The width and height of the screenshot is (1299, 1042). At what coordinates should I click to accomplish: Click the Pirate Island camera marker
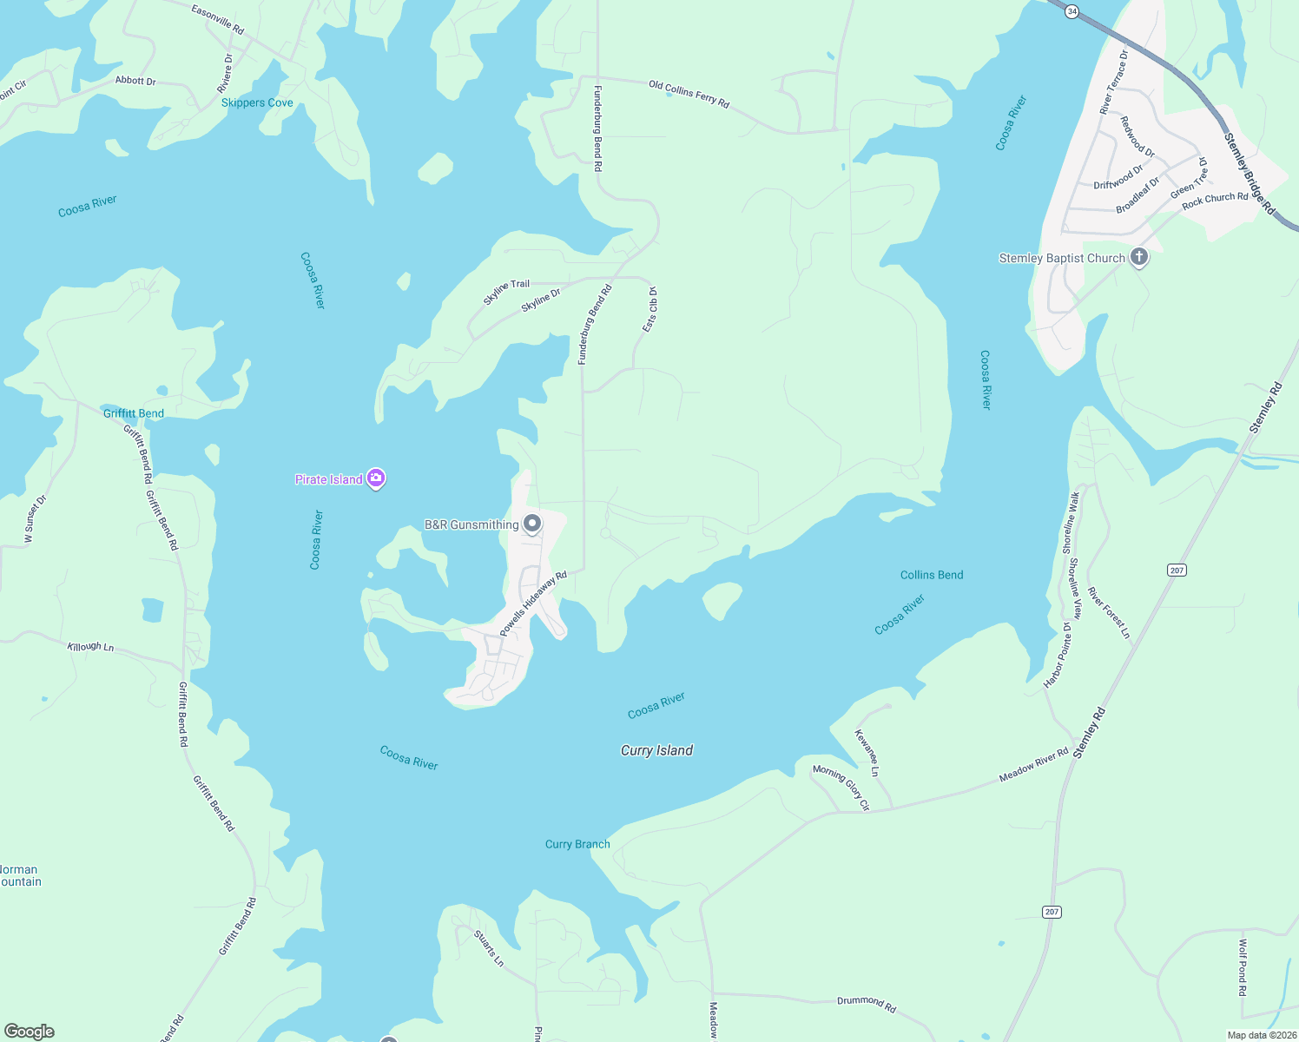pos(376,478)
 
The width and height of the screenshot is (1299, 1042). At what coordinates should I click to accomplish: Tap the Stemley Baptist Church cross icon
pos(1139,257)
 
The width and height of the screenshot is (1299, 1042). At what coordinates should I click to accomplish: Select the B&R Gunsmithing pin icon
pos(532,524)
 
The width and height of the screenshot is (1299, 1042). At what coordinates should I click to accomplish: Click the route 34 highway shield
pos(1072,11)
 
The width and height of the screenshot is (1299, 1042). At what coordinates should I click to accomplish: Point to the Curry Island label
pos(656,750)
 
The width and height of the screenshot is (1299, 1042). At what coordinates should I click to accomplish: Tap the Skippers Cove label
pos(257,102)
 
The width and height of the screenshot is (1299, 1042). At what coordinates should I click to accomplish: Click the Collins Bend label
pos(932,575)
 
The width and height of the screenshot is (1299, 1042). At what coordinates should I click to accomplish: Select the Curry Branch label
pos(577,844)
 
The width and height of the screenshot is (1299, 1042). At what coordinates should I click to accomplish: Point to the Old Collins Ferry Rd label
pos(689,95)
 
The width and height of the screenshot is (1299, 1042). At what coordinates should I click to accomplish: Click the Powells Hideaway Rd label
pos(532,603)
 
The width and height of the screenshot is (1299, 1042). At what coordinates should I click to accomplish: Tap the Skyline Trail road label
pos(506,292)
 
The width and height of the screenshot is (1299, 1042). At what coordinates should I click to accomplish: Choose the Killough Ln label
pos(90,647)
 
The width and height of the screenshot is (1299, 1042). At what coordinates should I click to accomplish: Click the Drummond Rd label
pos(866,1003)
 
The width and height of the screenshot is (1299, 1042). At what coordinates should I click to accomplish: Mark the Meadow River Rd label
pos(1033,765)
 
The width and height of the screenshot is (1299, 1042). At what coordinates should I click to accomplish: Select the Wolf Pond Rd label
pos(1243,966)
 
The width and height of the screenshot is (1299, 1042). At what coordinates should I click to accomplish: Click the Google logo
pos(30,1032)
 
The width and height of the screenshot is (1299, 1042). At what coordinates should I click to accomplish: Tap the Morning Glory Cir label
pos(841,788)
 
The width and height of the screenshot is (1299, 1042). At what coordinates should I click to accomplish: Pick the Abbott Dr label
pos(135,81)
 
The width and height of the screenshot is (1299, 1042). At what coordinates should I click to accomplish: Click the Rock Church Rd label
pos(1215,200)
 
